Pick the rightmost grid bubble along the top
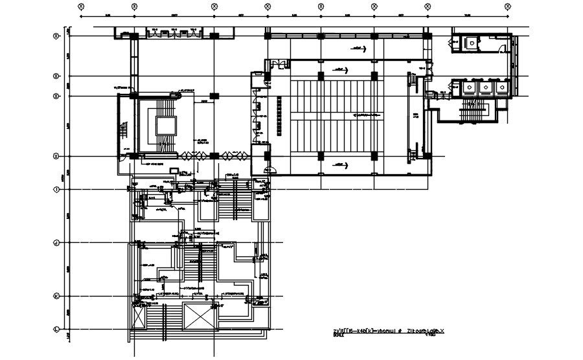pos(507,5)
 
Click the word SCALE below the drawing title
pos(337,336)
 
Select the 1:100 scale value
pos(429,336)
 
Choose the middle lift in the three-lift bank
pos(483,87)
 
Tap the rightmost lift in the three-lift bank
pos(499,87)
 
